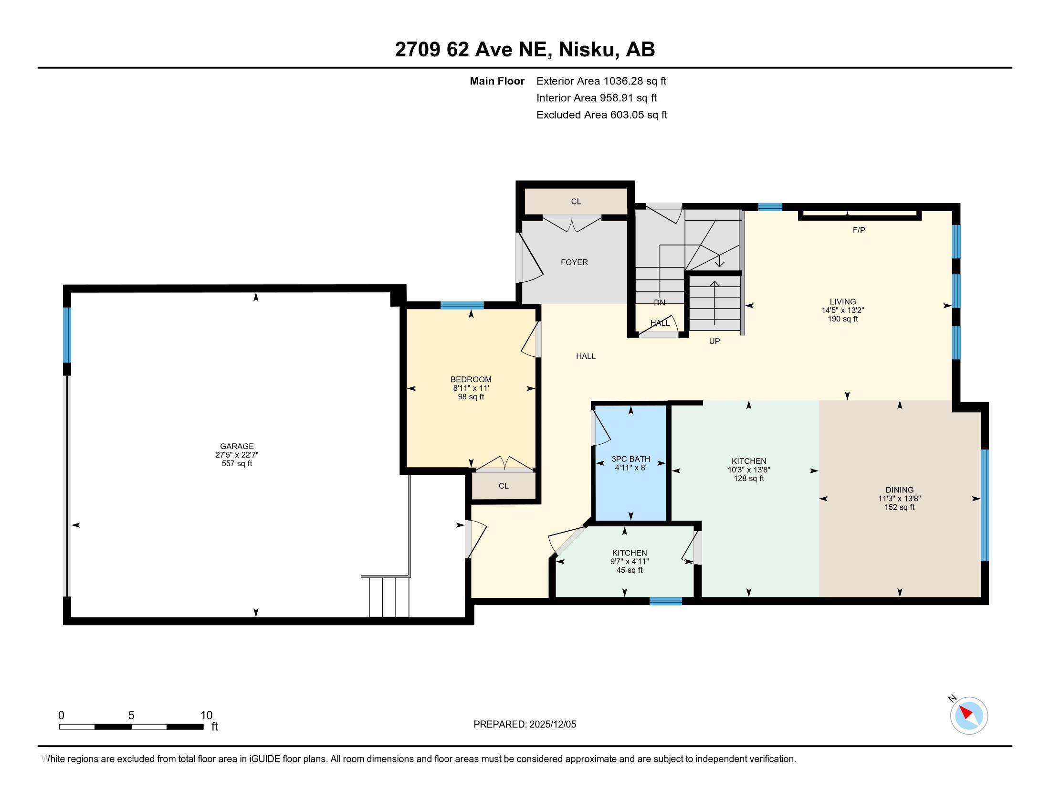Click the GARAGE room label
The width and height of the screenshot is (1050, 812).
(x=237, y=446)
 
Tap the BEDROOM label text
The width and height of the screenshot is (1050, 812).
(x=471, y=379)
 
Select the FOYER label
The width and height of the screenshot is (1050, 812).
(x=574, y=262)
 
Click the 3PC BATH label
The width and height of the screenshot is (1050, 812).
(x=630, y=459)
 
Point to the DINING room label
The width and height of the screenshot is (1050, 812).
(x=899, y=490)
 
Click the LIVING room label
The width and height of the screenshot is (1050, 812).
(x=842, y=301)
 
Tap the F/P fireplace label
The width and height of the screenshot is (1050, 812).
(x=859, y=230)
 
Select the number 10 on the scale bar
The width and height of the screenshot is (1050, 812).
(x=206, y=716)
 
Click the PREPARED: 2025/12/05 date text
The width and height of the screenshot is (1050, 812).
(x=525, y=725)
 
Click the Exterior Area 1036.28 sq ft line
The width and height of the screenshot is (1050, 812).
(x=601, y=81)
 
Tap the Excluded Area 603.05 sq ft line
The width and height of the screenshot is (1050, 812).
(x=601, y=115)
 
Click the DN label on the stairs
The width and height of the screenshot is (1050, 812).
(x=659, y=302)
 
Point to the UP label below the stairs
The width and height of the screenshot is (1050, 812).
(x=714, y=341)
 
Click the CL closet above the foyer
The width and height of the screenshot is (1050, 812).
(x=576, y=202)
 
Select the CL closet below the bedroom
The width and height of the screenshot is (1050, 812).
(x=504, y=486)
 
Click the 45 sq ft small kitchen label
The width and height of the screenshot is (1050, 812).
(x=630, y=570)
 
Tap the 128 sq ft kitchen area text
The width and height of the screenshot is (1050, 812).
(x=748, y=478)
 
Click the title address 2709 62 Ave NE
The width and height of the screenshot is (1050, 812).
(x=525, y=49)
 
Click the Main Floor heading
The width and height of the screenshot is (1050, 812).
(x=497, y=81)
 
